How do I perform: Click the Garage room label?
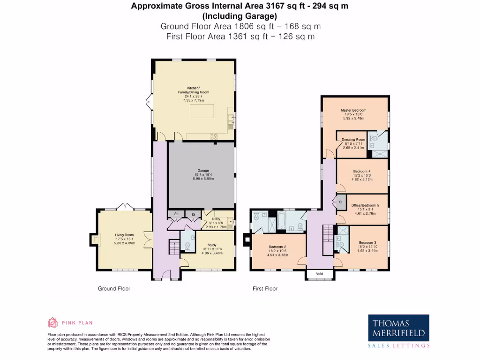202,171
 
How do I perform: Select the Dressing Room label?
353,140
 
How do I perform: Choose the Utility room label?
216,219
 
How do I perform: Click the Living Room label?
125,235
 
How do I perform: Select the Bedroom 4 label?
362,172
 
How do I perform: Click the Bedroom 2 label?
277,247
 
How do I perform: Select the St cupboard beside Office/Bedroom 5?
340,202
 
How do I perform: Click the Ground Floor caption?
114,289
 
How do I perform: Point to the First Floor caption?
265,289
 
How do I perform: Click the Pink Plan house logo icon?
52,322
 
